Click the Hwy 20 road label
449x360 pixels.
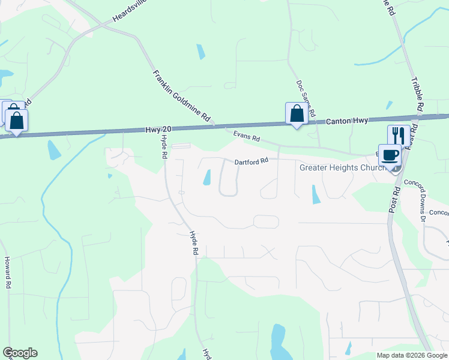coord(158,130)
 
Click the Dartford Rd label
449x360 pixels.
coord(250,161)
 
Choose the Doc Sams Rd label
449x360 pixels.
coord(306,99)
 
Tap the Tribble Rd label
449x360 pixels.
coord(418,95)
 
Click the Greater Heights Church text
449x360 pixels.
coord(343,167)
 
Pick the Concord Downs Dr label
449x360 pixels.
coord(414,191)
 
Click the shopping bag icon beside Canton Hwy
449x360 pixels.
coord(297,113)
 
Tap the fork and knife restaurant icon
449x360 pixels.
coord(399,135)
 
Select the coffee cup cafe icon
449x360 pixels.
coord(389,154)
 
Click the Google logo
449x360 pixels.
coord(20,353)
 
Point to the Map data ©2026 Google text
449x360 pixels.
coord(412,355)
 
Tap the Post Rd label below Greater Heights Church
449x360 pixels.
coord(394,197)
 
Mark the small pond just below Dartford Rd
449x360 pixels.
coord(208,178)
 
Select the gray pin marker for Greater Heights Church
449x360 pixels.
coord(396,168)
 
